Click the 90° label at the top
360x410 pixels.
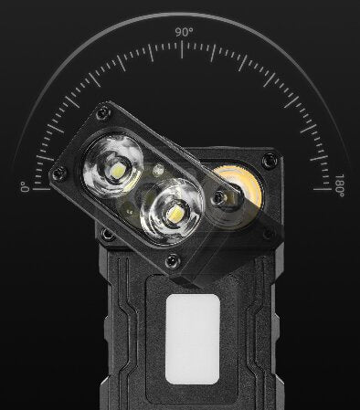click(184, 32)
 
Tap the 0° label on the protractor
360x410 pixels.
click(25, 187)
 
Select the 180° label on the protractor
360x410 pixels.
click(340, 185)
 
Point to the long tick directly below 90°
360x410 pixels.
click(182, 48)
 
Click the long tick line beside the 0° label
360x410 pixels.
click(41, 189)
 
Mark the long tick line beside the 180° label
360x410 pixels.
click(322, 189)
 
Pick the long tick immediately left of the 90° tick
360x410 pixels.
click(151, 53)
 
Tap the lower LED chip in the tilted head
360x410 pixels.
click(175, 213)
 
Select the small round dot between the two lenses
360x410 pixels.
click(158, 169)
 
